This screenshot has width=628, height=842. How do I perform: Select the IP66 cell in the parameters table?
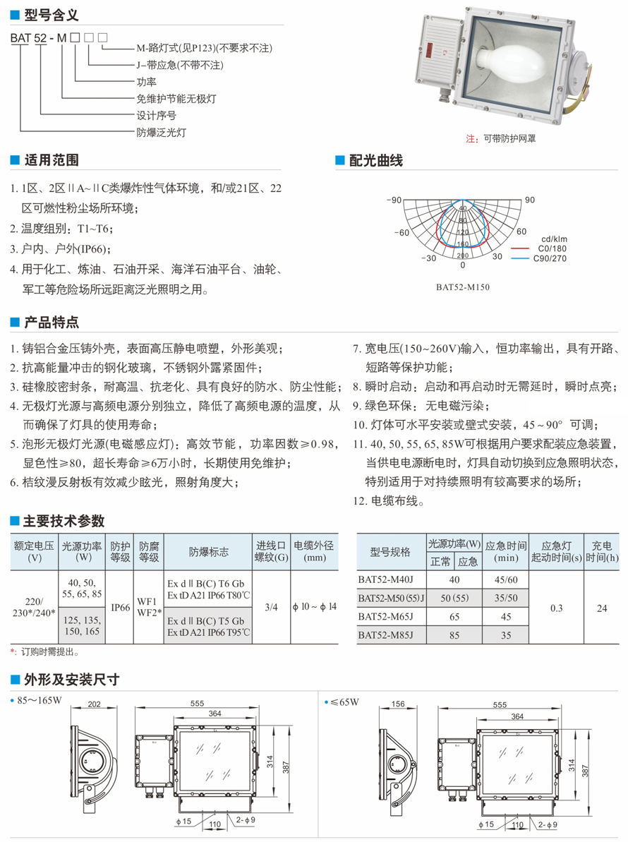tap(121, 607)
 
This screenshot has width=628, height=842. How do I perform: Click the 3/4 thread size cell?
tap(271, 607)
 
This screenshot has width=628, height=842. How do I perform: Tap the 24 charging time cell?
tap(602, 607)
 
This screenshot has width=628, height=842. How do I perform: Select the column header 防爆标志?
tap(209, 551)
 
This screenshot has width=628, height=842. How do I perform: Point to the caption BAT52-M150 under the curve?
tap(462, 287)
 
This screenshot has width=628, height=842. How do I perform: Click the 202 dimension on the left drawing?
tap(95, 704)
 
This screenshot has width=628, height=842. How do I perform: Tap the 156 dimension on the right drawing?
tap(397, 704)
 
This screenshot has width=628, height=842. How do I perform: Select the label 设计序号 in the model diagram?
tap(156, 116)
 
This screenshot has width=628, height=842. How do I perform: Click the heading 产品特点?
tap(51, 323)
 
